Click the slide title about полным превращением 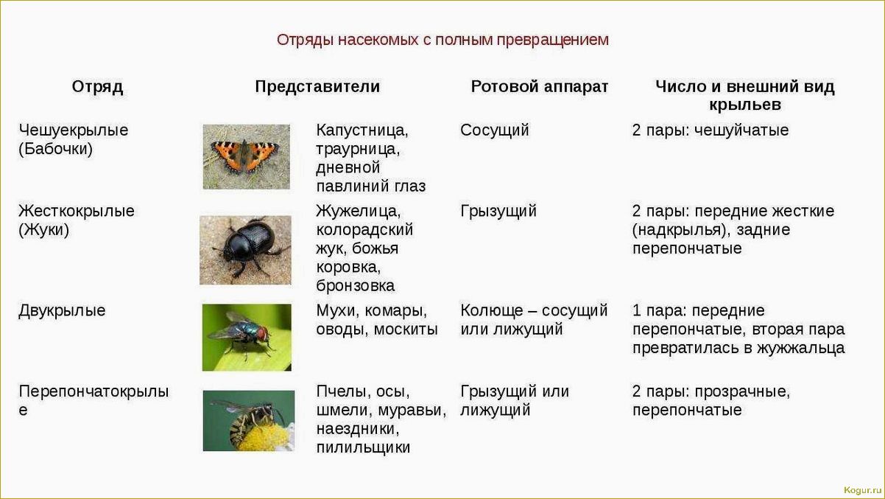[x=442, y=40]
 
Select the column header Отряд [x=97, y=87]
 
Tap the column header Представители [x=317, y=87]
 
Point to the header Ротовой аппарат [x=539, y=87]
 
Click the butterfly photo [x=246, y=156]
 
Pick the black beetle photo [x=245, y=250]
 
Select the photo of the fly [x=247, y=337]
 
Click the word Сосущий [x=495, y=130]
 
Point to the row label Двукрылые [x=62, y=310]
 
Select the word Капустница [x=362, y=130]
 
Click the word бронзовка [x=356, y=286]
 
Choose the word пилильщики [x=363, y=447]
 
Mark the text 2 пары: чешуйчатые [x=710, y=130]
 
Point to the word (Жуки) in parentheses [x=44, y=230]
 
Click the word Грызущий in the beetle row [x=498, y=212]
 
